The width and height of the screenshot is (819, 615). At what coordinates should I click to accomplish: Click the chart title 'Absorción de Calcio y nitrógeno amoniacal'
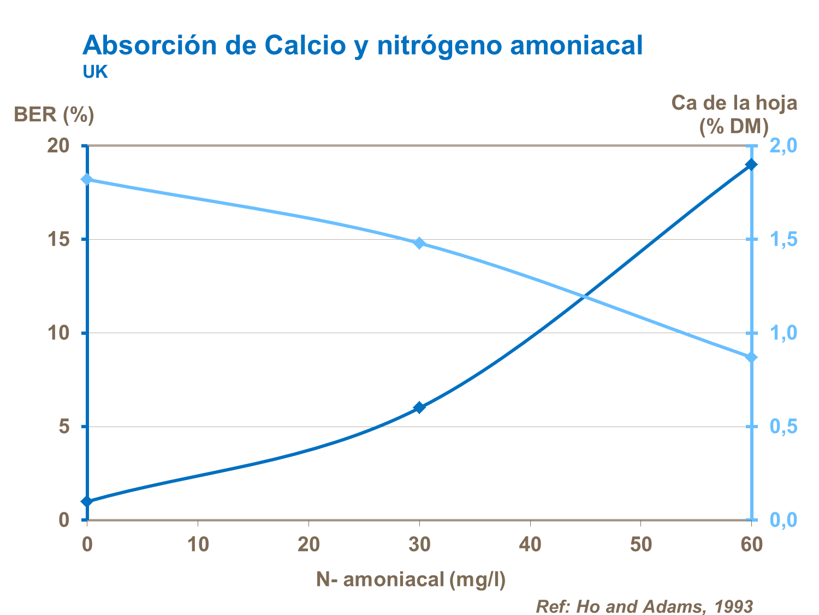click(x=363, y=45)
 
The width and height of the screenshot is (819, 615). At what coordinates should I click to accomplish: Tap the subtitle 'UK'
click(x=95, y=72)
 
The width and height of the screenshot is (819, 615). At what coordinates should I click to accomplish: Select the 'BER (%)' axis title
click(x=54, y=115)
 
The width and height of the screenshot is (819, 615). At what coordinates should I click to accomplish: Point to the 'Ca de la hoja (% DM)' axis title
click(x=734, y=114)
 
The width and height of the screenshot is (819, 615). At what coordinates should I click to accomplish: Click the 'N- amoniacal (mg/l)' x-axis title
click(x=411, y=579)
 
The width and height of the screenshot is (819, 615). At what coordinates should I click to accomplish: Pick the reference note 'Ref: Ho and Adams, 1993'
click(x=644, y=606)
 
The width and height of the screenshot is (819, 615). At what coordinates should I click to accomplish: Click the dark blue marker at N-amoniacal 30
click(x=419, y=407)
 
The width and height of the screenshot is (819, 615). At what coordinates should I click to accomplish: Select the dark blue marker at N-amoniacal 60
click(x=751, y=164)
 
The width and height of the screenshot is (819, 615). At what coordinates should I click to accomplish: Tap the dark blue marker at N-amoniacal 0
click(x=87, y=501)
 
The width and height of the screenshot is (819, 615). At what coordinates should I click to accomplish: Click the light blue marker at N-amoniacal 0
click(x=87, y=180)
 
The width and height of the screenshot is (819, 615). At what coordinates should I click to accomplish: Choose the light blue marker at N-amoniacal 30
click(x=419, y=243)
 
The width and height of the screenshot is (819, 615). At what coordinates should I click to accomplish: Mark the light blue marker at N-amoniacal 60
click(x=751, y=357)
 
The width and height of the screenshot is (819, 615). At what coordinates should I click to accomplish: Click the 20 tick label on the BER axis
click(x=59, y=146)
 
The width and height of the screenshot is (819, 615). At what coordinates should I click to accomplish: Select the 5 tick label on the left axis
click(x=64, y=427)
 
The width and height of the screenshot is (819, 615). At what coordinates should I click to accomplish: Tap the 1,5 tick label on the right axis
click(x=782, y=239)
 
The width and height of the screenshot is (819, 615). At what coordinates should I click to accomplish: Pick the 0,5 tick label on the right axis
click(x=782, y=427)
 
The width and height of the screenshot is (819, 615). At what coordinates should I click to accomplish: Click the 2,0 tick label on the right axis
click(x=782, y=146)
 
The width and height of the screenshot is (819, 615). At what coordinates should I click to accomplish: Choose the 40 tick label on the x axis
click(x=530, y=545)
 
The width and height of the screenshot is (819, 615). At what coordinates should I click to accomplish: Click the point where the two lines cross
click(x=584, y=297)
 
